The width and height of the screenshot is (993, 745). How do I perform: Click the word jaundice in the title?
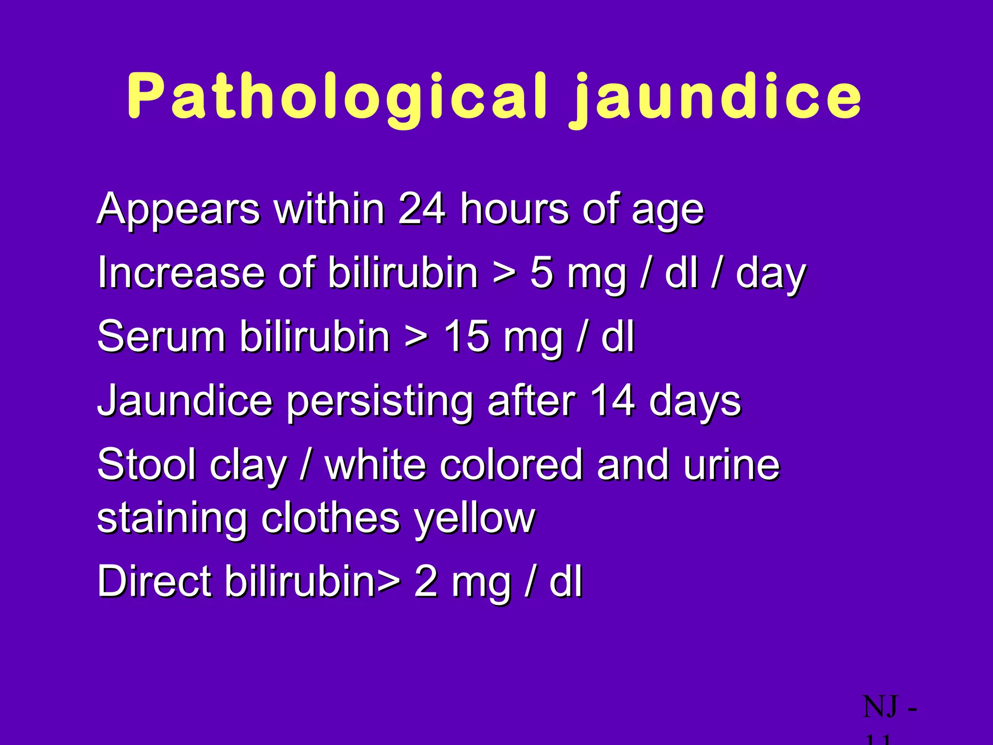pos(716,97)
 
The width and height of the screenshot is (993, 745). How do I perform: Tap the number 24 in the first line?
pos(421,209)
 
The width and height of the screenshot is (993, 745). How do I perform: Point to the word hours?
pos(514,209)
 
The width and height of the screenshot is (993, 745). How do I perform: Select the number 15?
pos(466,337)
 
